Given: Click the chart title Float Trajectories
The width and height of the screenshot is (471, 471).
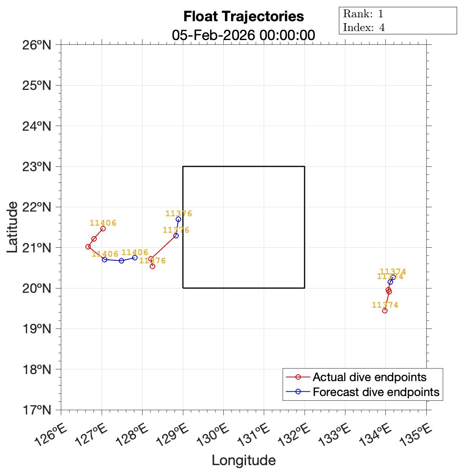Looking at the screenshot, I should [243, 16].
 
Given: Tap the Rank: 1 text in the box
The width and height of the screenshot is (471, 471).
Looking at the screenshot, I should [363, 14].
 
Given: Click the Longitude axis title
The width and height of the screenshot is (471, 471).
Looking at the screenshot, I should [243, 460].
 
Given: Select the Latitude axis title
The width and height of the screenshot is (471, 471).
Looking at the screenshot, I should [12, 227].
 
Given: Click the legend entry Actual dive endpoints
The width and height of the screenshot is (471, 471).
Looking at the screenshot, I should [369, 377].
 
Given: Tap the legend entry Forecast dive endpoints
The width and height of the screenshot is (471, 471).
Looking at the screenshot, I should [376, 392].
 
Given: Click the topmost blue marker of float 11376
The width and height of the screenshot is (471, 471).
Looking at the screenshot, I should [178, 219].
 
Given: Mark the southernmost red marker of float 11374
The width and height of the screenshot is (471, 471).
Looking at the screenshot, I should [385, 310].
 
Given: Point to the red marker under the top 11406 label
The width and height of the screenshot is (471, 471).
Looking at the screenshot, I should [103, 228].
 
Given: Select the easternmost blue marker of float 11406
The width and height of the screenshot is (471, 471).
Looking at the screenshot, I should [135, 257].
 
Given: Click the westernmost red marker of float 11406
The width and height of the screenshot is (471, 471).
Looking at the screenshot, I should [88, 246].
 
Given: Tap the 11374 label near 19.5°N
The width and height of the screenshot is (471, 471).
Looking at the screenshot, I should [385, 305].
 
